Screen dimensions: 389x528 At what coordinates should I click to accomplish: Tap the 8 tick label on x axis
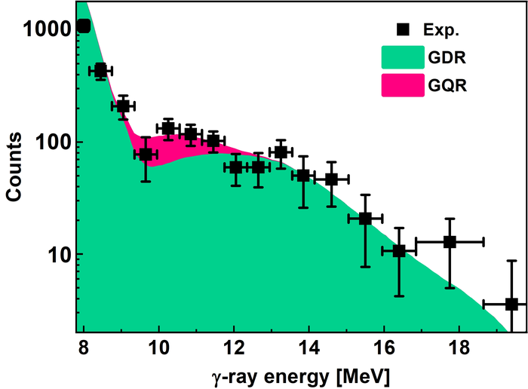tap(83, 348)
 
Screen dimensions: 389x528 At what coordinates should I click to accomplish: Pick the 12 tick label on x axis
tap(234, 348)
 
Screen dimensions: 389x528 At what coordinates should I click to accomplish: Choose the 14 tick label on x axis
tap(309, 348)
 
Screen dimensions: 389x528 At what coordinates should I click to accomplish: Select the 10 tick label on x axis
tap(158, 348)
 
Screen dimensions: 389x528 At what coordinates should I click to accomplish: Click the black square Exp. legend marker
tap(404, 31)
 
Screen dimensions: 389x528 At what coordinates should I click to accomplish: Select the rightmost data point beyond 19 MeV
tap(511, 304)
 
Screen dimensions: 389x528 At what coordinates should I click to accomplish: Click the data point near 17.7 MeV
tap(450, 242)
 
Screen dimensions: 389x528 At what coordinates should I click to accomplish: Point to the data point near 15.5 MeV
tap(365, 219)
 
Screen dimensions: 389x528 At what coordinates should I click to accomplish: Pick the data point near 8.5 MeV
tap(100, 70)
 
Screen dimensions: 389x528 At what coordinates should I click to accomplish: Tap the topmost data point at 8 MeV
tap(83, 26)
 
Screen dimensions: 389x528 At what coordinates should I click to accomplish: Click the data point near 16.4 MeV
tap(399, 250)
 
